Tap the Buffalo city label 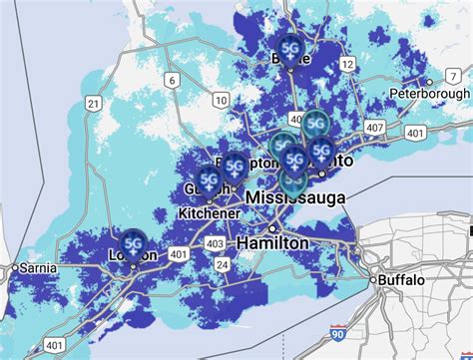405,280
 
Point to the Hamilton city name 272,243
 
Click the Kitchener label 209,213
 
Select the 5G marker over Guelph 209,178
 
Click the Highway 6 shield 173,81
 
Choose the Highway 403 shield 214,243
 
